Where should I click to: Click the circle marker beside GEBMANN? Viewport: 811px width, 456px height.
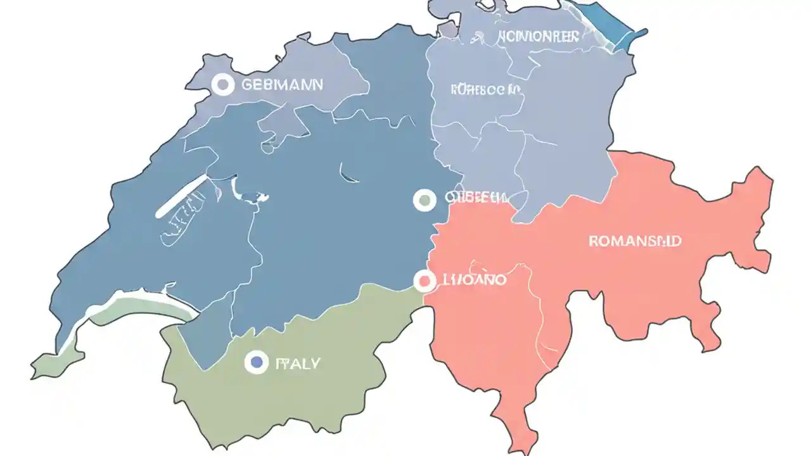coord(222,84)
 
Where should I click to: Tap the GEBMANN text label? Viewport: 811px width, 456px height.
coord(282,84)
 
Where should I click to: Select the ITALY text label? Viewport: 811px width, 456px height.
coord(298,363)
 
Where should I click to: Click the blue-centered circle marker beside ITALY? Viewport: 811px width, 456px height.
coord(256,362)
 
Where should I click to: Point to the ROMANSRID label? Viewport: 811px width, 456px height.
coord(635,241)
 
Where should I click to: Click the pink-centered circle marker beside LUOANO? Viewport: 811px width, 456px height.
coord(425,281)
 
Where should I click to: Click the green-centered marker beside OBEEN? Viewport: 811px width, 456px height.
coord(425,200)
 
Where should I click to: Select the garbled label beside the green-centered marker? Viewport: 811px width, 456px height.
coord(475,198)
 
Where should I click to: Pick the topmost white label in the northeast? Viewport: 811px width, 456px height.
coord(538,36)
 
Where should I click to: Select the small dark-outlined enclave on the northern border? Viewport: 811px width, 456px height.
coord(447,30)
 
